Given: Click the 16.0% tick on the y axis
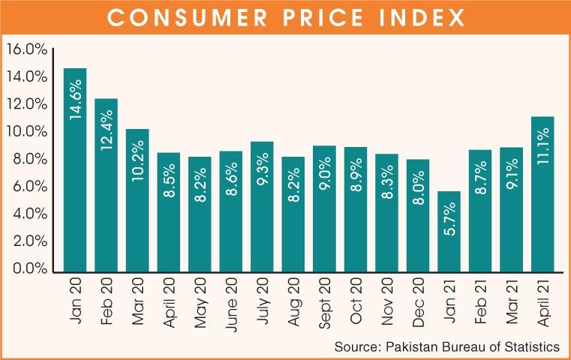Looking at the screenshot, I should pyautogui.click(x=27, y=49).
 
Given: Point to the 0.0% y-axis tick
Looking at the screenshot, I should pyautogui.click(x=27, y=268).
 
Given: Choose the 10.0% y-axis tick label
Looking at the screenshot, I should pyautogui.click(x=27, y=132).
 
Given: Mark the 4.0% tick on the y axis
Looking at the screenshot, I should pyautogui.click(x=27, y=214).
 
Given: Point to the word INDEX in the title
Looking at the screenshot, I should pyautogui.click(x=423, y=18).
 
